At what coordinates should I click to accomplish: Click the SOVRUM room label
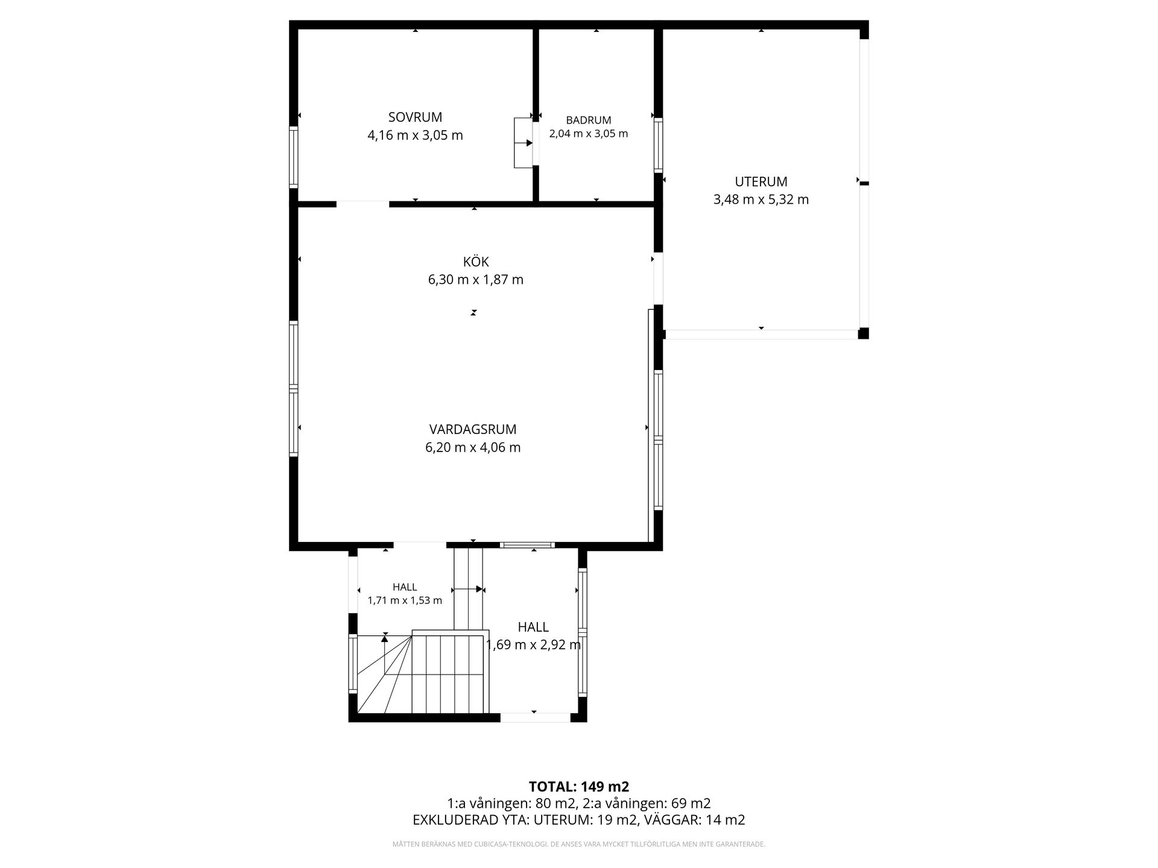coord(415,117)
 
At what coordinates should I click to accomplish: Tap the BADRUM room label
coord(588,120)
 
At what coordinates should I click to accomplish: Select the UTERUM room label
coord(761,181)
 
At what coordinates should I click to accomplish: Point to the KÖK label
coord(475,262)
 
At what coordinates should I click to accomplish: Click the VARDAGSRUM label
coord(473,429)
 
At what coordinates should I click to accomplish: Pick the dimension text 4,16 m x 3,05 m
coord(415,135)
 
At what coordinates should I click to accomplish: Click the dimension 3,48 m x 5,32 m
coord(761,200)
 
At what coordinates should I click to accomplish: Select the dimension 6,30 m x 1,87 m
coord(475,280)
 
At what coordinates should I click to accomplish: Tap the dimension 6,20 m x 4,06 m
coord(473,447)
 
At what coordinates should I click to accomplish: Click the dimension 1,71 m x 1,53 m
coord(405,600)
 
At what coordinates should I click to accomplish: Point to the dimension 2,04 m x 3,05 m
coord(588,134)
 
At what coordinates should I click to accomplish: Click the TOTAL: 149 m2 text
coord(579,787)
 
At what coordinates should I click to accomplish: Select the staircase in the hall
coord(422,672)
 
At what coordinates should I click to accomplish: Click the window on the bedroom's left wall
coord(294,157)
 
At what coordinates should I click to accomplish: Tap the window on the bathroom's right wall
coord(658,145)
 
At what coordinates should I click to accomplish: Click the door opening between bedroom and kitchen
coord(362,204)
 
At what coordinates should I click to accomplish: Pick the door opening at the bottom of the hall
coord(535,717)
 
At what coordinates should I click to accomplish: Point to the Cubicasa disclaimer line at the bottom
coord(579,844)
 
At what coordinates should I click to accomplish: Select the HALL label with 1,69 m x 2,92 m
coord(533,627)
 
